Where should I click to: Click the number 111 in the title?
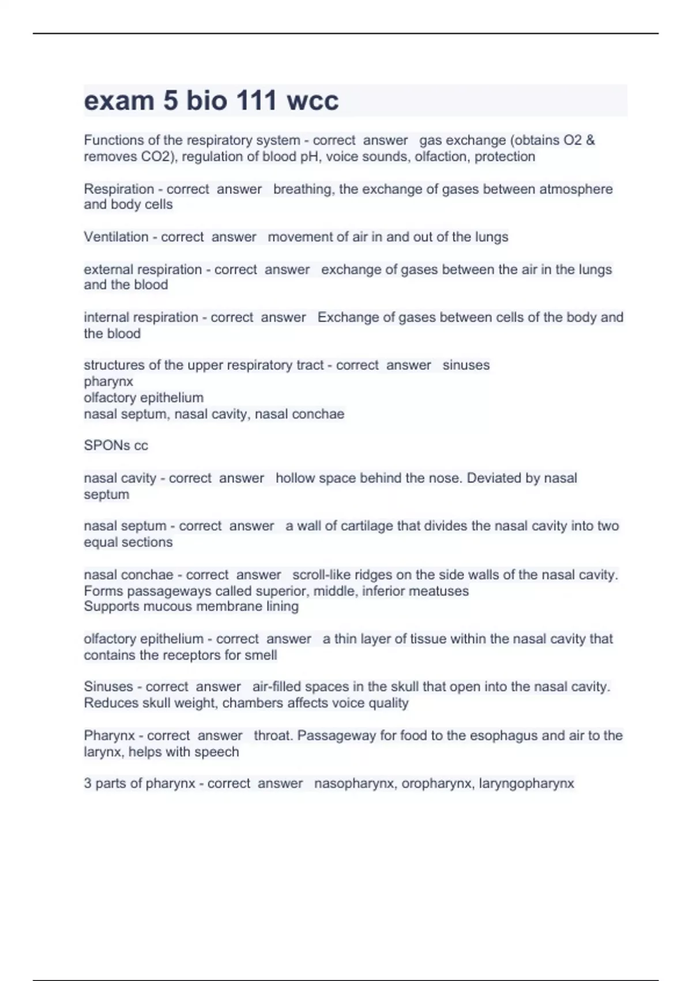[x=253, y=100]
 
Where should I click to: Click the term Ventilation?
[x=116, y=237]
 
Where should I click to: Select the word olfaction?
[x=440, y=156]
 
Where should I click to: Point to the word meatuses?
[x=441, y=591]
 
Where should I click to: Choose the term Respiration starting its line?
[x=119, y=189]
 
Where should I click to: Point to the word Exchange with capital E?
[x=344, y=317]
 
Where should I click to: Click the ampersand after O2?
[x=590, y=140]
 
